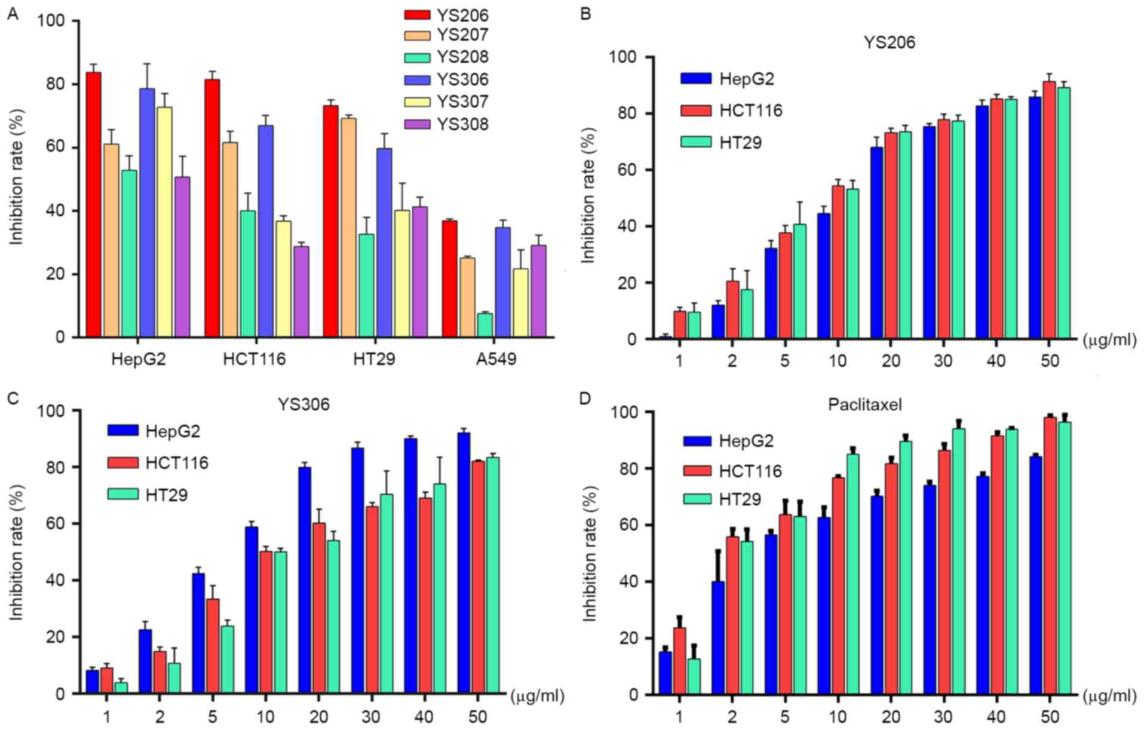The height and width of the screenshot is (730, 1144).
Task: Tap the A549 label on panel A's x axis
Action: coord(493,359)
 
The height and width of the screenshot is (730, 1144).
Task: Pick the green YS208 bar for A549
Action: coord(485,326)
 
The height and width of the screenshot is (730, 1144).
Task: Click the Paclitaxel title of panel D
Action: coord(865,404)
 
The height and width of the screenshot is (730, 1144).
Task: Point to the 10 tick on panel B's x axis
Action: coord(838,362)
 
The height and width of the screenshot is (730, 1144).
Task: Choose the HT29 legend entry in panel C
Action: coord(147,495)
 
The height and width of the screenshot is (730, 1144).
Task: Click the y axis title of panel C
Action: coord(16,553)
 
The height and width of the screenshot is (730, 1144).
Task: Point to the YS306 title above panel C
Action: coord(306,404)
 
